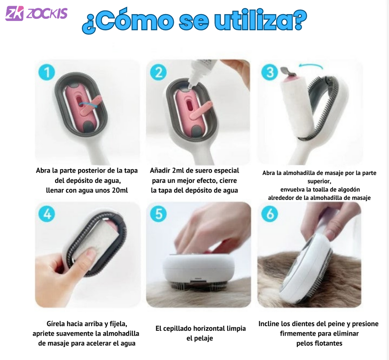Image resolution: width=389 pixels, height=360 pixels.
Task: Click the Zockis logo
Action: tap(36, 13)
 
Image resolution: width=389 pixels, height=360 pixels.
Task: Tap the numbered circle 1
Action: tap(47, 73)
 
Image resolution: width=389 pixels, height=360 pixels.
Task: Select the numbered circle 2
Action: tap(158, 73)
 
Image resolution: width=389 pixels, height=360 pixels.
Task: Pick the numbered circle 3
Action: tap(270, 72)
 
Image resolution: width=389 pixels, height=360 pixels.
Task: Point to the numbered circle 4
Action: tap(47, 214)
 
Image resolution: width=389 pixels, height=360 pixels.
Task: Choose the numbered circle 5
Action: tap(158, 214)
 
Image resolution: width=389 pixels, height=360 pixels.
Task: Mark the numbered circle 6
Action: tap(270, 214)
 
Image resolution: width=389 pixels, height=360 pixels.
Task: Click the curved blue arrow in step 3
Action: tap(311, 65)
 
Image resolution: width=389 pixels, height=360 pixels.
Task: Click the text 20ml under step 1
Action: tap(120, 190)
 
